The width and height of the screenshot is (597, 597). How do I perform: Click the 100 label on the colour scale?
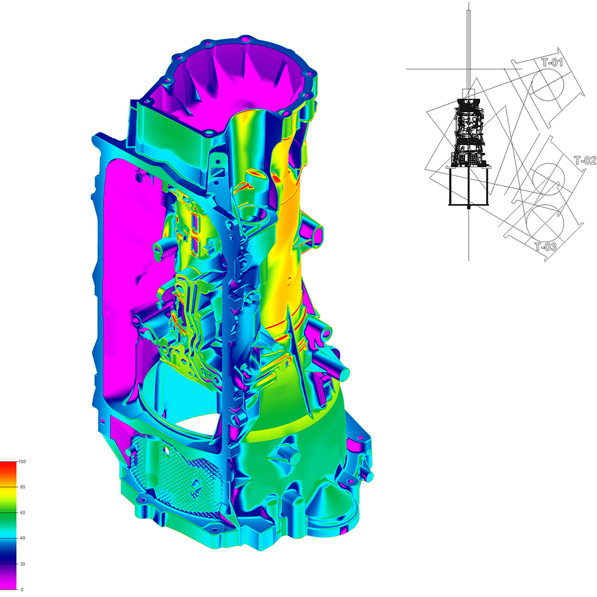tap(22, 461)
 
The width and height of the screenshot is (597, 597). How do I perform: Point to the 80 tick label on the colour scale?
tap(23, 487)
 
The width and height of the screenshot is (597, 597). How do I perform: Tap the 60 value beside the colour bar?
tap(23, 512)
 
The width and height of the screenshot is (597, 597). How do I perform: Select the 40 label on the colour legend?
tap(23, 538)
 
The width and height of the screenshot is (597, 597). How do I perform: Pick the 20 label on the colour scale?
tap(23, 564)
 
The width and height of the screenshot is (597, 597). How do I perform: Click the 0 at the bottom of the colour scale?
tap(21, 589)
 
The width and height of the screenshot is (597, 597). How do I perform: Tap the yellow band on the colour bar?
tap(8, 494)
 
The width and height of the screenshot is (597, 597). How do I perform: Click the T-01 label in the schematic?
tap(552, 62)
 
